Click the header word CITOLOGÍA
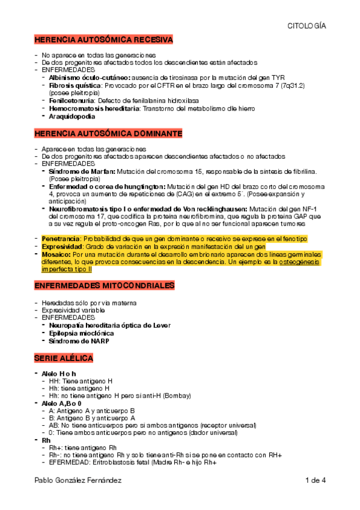(x=307, y=26)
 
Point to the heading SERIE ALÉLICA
(x=64, y=358)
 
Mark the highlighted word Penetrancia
(x=60, y=239)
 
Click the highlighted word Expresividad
(x=61, y=247)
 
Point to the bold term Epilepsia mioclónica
(x=81, y=333)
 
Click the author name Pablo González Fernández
(x=78, y=481)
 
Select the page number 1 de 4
(x=315, y=481)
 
